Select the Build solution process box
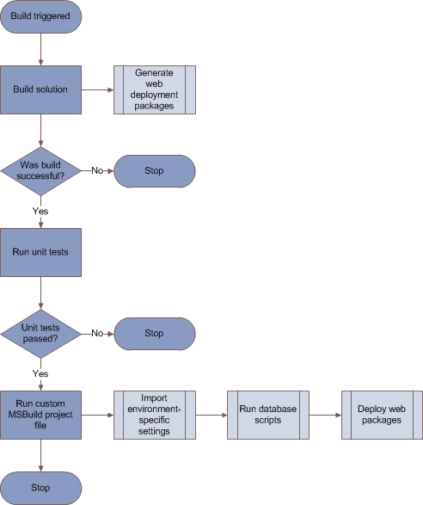[x=41, y=89]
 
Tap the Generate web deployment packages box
[x=155, y=89]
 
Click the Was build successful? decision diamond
[x=41, y=170]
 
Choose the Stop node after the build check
[x=155, y=170]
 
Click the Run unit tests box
[x=41, y=252]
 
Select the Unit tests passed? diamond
[x=41, y=333]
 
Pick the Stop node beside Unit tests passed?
[x=155, y=333]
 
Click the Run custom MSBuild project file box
[x=41, y=414]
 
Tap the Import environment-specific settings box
[x=155, y=414]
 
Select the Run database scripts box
[x=268, y=414]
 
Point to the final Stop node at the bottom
[x=41, y=487]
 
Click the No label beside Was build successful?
[x=98, y=170]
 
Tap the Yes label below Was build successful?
[x=40, y=211]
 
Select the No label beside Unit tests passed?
[x=98, y=333]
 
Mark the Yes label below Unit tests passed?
[x=40, y=373]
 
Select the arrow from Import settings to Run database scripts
[x=211, y=414]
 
